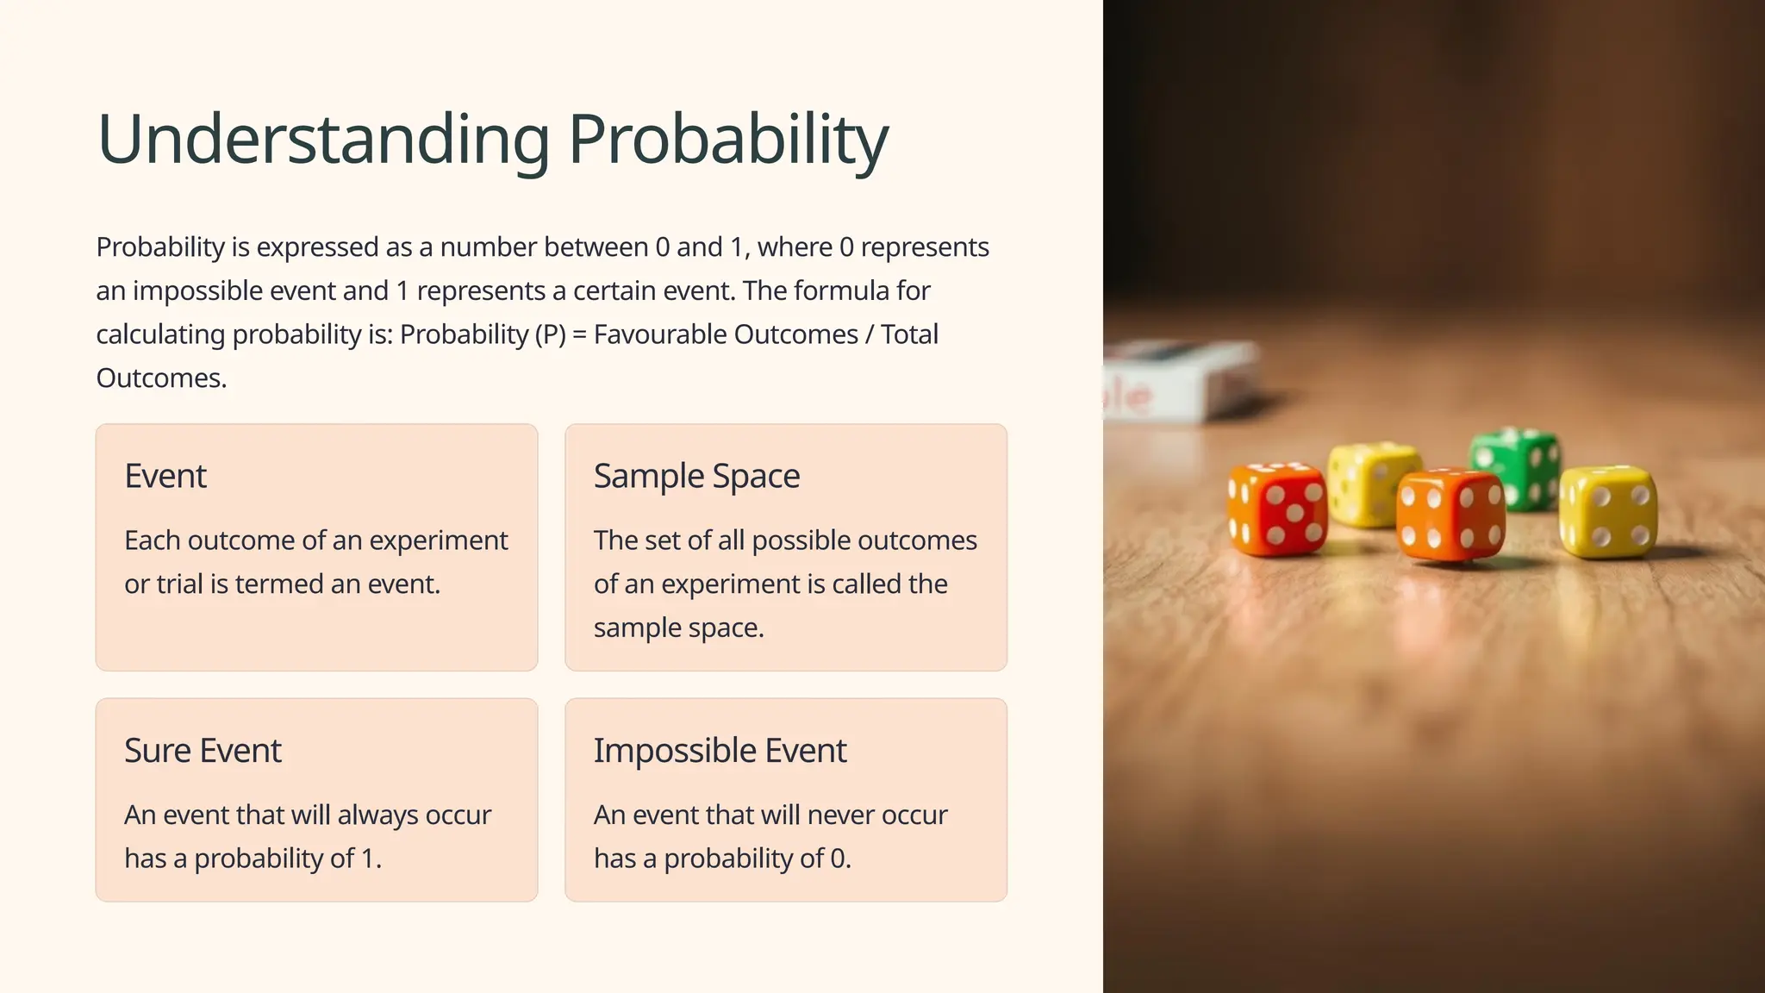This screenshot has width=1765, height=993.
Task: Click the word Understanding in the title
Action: click(323, 140)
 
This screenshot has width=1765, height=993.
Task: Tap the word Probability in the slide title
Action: click(728, 140)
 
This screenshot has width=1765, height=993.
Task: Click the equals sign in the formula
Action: click(579, 334)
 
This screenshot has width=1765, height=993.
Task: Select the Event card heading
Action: click(165, 476)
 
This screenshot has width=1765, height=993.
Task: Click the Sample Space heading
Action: click(696, 476)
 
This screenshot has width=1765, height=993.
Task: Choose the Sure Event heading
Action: click(203, 751)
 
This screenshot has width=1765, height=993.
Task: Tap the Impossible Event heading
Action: click(720, 751)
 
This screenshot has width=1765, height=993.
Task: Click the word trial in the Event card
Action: click(179, 584)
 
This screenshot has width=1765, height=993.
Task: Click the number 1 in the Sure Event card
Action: click(368, 859)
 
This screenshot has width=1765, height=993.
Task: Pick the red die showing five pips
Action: click(1277, 509)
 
